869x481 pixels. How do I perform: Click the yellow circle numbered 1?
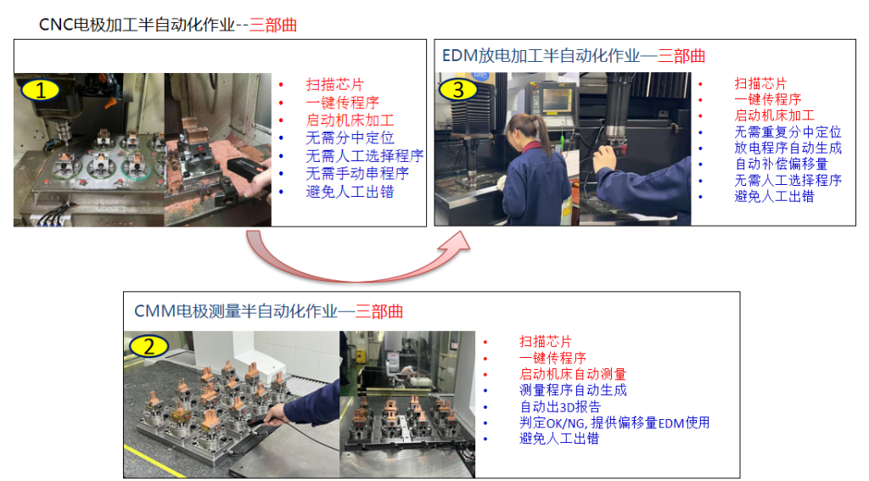tap(41, 90)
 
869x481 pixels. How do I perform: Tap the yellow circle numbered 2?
tap(149, 347)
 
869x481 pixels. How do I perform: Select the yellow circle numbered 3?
tap(457, 89)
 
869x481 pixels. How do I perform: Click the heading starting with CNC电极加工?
tap(168, 25)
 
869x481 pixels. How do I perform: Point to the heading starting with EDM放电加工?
tap(574, 56)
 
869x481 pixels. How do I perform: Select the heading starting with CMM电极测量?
tap(268, 311)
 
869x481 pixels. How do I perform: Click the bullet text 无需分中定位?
tap(350, 138)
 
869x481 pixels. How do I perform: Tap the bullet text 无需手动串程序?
tap(357, 174)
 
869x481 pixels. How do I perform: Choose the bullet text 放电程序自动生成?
tap(788, 148)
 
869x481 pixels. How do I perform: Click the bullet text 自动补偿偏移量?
tap(781, 164)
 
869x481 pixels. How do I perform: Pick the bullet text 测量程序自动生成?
tap(573, 390)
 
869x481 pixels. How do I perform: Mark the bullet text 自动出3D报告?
tap(560, 406)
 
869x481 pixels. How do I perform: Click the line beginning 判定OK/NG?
tap(614, 422)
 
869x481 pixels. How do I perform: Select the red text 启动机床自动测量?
tap(573, 374)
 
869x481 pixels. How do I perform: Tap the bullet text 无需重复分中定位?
tap(788, 131)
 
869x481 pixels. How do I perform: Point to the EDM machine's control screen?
tap(557, 100)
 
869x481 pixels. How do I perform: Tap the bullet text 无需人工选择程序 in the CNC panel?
tap(365, 156)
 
